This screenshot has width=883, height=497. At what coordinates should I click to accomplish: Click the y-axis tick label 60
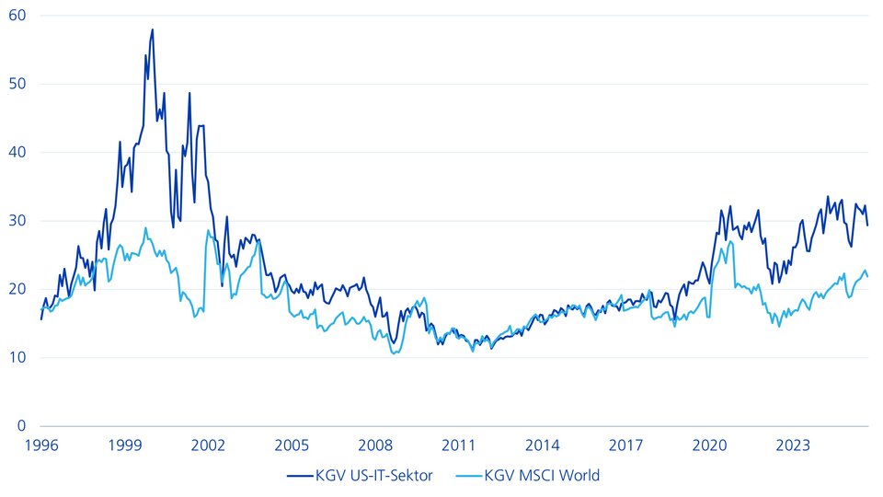(18, 16)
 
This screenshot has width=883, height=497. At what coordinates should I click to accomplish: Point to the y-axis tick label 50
(18, 84)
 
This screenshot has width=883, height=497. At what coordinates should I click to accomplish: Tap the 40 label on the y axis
(18, 152)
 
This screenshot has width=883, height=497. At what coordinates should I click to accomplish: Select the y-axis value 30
(18, 221)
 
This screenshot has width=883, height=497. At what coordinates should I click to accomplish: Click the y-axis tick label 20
(18, 289)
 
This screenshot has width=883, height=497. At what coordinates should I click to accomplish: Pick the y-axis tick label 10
(18, 357)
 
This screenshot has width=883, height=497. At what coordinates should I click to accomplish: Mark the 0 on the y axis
(22, 426)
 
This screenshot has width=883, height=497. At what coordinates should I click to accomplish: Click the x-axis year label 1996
(41, 445)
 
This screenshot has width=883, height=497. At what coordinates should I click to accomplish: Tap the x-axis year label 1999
(125, 445)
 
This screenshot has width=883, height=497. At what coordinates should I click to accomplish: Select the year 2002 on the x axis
(209, 445)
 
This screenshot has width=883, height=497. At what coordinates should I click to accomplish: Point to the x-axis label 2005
(292, 445)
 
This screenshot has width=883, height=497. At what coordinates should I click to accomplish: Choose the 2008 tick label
(375, 445)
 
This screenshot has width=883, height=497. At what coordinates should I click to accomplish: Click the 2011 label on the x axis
(459, 445)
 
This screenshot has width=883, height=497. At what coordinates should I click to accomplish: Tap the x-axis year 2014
(543, 445)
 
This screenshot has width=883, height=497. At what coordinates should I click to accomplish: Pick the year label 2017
(626, 445)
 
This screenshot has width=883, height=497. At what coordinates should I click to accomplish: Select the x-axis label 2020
(709, 445)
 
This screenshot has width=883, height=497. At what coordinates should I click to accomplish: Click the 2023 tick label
(793, 445)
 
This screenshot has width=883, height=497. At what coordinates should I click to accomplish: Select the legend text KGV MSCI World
(542, 476)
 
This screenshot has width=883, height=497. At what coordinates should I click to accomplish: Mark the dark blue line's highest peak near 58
(152, 29)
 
